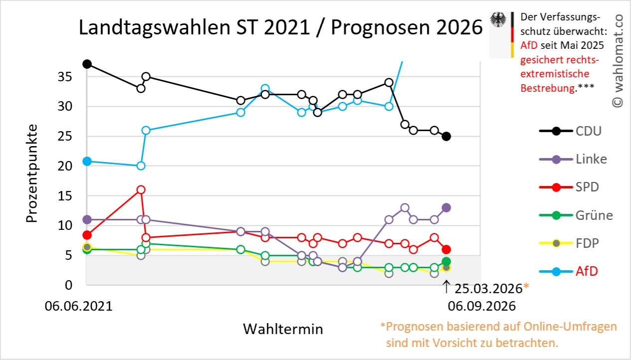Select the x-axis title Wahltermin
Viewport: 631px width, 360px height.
click(283, 329)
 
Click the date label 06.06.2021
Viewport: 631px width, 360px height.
click(79, 306)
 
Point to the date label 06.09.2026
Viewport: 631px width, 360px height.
click(482, 306)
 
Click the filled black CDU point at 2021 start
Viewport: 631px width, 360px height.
click(87, 64)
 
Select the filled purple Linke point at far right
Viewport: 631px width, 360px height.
click(446, 208)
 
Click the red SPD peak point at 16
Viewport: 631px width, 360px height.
click(141, 189)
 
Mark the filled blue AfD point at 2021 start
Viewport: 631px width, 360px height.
click(87, 161)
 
